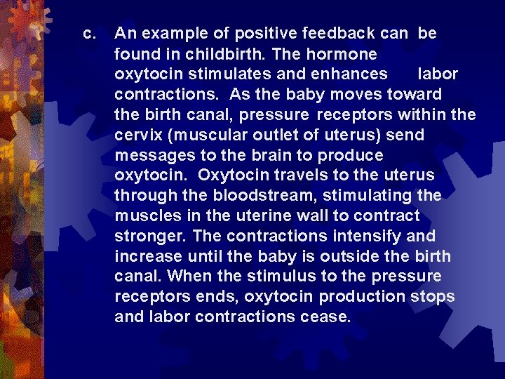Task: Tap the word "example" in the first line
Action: [x=174, y=34]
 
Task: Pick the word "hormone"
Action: [x=344, y=54]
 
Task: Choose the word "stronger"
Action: [x=150, y=236]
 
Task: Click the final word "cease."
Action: [x=323, y=317]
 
